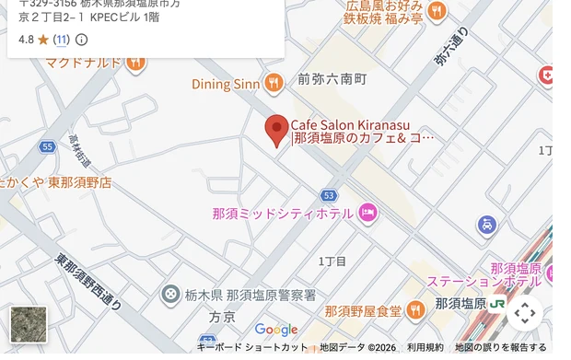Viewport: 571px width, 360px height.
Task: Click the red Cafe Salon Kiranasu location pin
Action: (x=276, y=129)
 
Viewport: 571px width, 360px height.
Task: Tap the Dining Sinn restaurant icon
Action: (x=273, y=85)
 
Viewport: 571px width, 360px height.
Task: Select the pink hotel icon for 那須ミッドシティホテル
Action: (x=368, y=214)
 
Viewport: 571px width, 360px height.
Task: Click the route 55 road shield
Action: (x=47, y=147)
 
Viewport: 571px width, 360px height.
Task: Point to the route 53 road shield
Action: (x=329, y=195)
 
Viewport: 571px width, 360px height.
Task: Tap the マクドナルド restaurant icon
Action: (x=136, y=63)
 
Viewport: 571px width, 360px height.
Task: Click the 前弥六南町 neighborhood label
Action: (x=332, y=79)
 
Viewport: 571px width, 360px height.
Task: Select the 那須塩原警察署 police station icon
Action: (x=170, y=296)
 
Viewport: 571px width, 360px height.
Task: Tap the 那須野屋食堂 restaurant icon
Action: (x=416, y=310)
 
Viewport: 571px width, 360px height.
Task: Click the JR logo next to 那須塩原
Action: (x=498, y=303)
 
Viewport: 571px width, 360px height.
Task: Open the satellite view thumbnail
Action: (x=28, y=325)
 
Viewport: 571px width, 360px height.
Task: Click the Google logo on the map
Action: (x=276, y=330)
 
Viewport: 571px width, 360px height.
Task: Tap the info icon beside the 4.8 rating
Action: (x=81, y=40)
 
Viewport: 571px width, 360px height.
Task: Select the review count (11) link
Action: (x=61, y=40)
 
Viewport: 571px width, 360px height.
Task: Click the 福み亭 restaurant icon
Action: (x=436, y=11)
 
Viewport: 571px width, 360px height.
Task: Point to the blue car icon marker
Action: (x=487, y=225)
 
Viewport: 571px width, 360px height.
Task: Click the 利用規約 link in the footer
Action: (x=425, y=347)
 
